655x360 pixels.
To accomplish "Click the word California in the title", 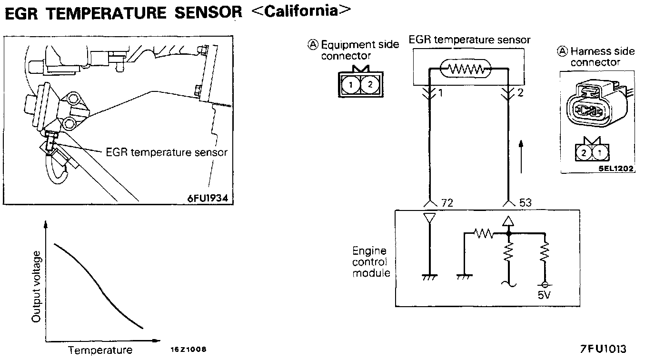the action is tap(301, 11).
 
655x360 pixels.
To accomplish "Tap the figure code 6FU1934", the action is tap(208, 198).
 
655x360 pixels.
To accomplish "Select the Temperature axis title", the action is tap(100, 350).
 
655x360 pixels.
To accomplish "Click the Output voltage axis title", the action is tap(36, 287).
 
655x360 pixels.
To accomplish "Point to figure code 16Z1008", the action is tap(189, 349).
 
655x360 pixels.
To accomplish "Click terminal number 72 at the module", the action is tap(447, 203).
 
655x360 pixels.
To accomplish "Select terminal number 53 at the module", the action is tap(525, 203).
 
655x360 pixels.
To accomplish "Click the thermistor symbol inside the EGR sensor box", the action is tap(466, 69).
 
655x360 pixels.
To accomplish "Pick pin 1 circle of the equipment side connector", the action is tap(351, 85).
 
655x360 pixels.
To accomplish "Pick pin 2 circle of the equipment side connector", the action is tap(370, 85).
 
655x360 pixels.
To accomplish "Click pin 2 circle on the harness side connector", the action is tap(584, 153).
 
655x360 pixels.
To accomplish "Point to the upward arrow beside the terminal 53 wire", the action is tap(521, 157).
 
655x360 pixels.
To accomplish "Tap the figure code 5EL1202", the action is tap(616, 169).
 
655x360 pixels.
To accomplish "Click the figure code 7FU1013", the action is tap(603, 349).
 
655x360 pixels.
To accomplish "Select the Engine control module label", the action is tap(371, 262).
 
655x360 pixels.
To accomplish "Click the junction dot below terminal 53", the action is tap(508, 233).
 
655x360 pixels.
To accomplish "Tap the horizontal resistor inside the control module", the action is tap(484, 233).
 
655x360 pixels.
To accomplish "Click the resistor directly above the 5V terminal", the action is tap(545, 251).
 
